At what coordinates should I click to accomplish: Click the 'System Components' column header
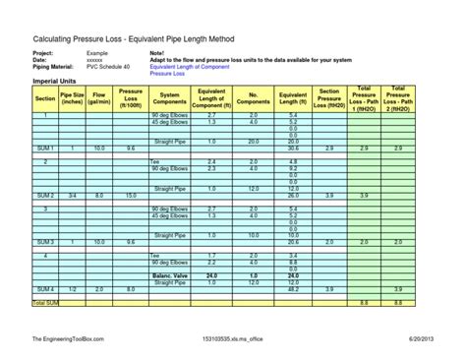(x=169, y=99)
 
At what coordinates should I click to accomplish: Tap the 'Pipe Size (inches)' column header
(x=73, y=99)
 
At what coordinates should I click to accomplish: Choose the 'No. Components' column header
(x=253, y=99)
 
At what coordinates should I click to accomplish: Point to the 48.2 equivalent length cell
(x=293, y=289)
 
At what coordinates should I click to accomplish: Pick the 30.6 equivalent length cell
(x=293, y=148)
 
